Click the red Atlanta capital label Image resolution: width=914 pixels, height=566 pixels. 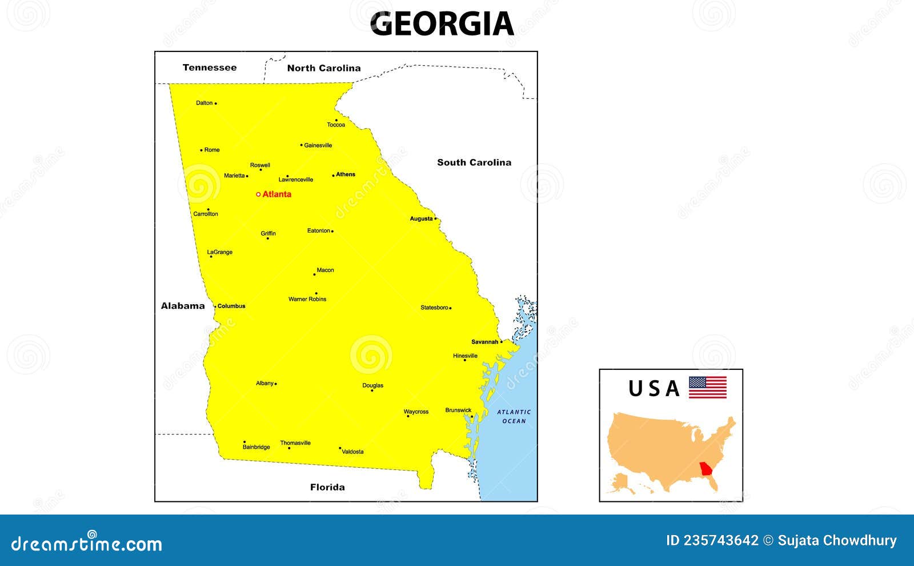click(277, 194)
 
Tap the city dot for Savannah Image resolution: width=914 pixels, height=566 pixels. click(502, 342)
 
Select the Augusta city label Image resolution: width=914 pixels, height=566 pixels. click(421, 219)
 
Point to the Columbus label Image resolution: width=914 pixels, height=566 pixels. click(231, 306)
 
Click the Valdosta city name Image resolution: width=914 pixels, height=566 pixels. click(352, 452)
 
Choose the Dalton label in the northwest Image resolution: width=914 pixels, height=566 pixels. click(204, 103)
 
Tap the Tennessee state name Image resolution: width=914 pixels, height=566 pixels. click(210, 67)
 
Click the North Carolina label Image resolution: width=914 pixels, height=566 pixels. click(324, 68)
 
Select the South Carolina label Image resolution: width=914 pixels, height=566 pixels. click(474, 162)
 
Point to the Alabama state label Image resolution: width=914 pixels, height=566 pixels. click(183, 306)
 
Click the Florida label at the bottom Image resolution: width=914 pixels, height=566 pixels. click(327, 487)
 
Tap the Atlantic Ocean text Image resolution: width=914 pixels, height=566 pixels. click(514, 416)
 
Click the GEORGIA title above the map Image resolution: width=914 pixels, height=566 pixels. click(442, 24)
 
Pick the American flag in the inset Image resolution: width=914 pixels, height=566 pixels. click(707, 387)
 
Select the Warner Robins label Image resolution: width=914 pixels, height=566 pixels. click(307, 299)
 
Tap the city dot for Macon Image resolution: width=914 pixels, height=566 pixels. click(314, 274)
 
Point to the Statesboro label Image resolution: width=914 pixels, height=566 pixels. click(434, 308)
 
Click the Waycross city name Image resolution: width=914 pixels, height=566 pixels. click(416, 412)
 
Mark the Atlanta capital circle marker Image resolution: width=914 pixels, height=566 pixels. click(258, 194)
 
